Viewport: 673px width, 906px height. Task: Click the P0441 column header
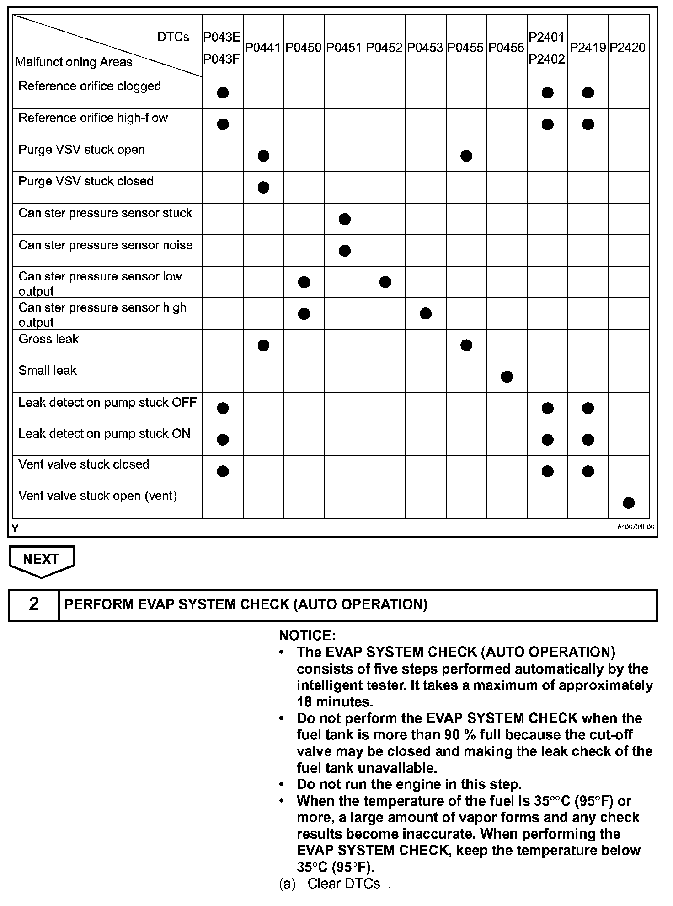[263, 48]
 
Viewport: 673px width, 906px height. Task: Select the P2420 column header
[628, 48]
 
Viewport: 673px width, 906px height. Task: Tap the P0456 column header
[506, 48]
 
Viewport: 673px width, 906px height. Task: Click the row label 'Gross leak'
[48, 339]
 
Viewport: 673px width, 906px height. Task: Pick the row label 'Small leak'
[48, 371]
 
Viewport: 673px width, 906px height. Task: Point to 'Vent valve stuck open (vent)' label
[97, 496]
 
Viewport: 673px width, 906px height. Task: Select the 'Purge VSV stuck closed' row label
[86, 181]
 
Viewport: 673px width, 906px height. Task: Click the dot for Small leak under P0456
[507, 377]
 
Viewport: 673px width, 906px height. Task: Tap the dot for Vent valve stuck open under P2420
[629, 503]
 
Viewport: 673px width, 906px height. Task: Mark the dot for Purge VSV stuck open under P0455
[466, 156]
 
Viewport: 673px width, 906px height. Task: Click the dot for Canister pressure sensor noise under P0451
[345, 251]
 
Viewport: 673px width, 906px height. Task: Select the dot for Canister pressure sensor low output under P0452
[385, 282]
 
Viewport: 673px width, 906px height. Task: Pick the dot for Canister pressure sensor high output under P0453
[426, 314]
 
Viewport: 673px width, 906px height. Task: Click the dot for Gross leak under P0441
[263, 345]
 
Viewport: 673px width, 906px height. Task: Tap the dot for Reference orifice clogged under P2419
[588, 93]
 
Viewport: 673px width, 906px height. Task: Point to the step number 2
[34, 604]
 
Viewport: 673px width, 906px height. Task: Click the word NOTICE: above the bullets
[307, 636]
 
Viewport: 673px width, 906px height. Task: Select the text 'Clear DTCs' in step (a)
[343, 884]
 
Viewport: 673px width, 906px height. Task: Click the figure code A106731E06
[636, 528]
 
